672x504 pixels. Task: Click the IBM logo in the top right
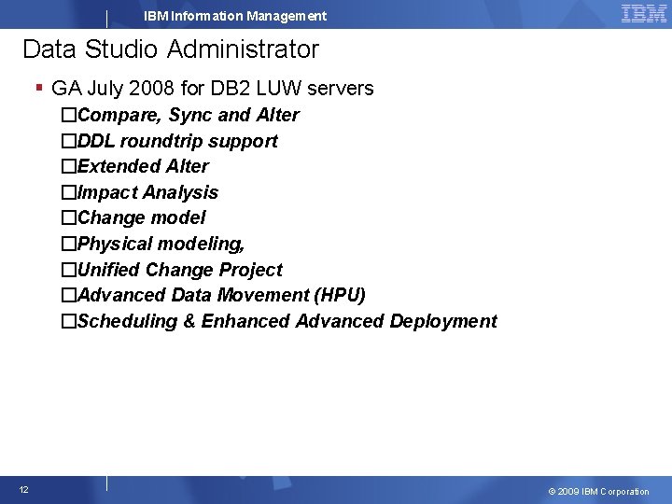coord(643,13)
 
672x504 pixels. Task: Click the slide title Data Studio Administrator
coord(171,49)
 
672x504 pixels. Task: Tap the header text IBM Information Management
coord(235,16)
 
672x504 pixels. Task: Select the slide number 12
coord(24,490)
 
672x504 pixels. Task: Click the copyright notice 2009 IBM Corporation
coord(598,491)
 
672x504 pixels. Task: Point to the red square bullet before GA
coord(39,88)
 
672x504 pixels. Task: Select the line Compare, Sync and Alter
coord(189,115)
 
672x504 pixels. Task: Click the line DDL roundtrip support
coord(177,141)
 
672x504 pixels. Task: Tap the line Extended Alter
coord(144,166)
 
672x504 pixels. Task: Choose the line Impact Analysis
coord(147,192)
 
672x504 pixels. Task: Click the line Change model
coord(142,217)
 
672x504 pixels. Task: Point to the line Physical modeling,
coord(161,244)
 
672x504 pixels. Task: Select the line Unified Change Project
coord(180,270)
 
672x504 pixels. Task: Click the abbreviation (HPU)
coord(341,295)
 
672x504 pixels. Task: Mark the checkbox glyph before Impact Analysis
coord(68,193)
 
